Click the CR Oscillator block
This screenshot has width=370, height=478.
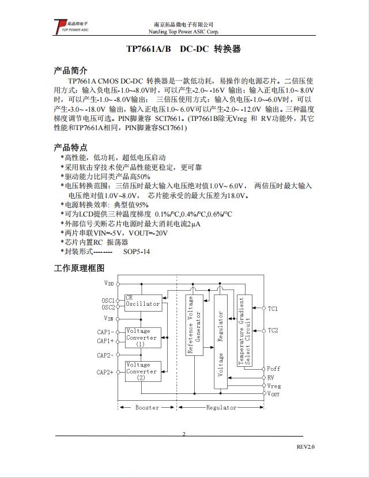[x=143, y=301]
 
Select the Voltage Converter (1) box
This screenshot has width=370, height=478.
[x=143, y=337]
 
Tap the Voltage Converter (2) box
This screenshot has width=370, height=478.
[x=143, y=371]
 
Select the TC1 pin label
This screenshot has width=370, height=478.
[x=273, y=309]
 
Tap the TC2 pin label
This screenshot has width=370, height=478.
[x=273, y=331]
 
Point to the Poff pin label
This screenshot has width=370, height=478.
[x=274, y=369]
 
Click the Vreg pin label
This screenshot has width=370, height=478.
[x=274, y=386]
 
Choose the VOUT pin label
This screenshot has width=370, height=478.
[x=274, y=394]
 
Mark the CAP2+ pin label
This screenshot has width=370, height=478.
[x=105, y=373]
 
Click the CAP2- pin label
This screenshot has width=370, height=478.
[x=105, y=355]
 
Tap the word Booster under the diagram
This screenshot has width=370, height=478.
[x=147, y=408]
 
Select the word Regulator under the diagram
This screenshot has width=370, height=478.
[x=221, y=408]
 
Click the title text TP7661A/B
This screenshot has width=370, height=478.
[x=149, y=49]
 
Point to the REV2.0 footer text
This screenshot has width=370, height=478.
[x=306, y=447]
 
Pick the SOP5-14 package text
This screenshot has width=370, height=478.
[x=137, y=252]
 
